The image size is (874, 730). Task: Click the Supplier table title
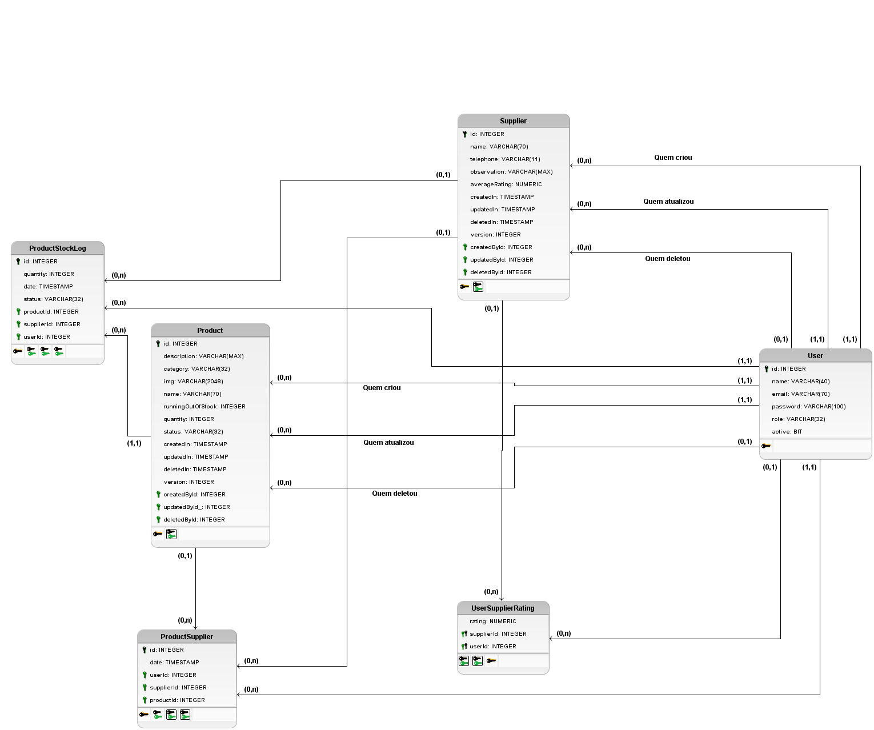(x=513, y=121)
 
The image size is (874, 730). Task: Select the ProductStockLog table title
(x=58, y=248)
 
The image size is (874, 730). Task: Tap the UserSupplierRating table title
(x=503, y=608)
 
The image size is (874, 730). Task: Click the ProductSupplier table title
(x=187, y=637)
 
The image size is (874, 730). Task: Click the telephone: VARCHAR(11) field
(x=505, y=159)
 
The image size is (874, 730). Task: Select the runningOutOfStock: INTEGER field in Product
(x=204, y=407)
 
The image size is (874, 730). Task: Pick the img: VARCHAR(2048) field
(x=193, y=382)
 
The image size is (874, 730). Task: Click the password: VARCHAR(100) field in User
(x=808, y=407)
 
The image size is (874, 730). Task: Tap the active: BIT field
(x=787, y=432)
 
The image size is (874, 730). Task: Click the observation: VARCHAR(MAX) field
(x=511, y=172)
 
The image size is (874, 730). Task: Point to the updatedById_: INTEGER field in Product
(x=197, y=507)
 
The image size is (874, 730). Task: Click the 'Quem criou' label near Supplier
(x=673, y=158)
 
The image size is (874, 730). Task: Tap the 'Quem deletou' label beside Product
(x=394, y=494)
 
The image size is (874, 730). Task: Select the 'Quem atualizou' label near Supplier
(x=668, y=202)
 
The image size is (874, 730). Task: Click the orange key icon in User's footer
(x=766, y=446)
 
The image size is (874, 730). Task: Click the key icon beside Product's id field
(x=158, y=344)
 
